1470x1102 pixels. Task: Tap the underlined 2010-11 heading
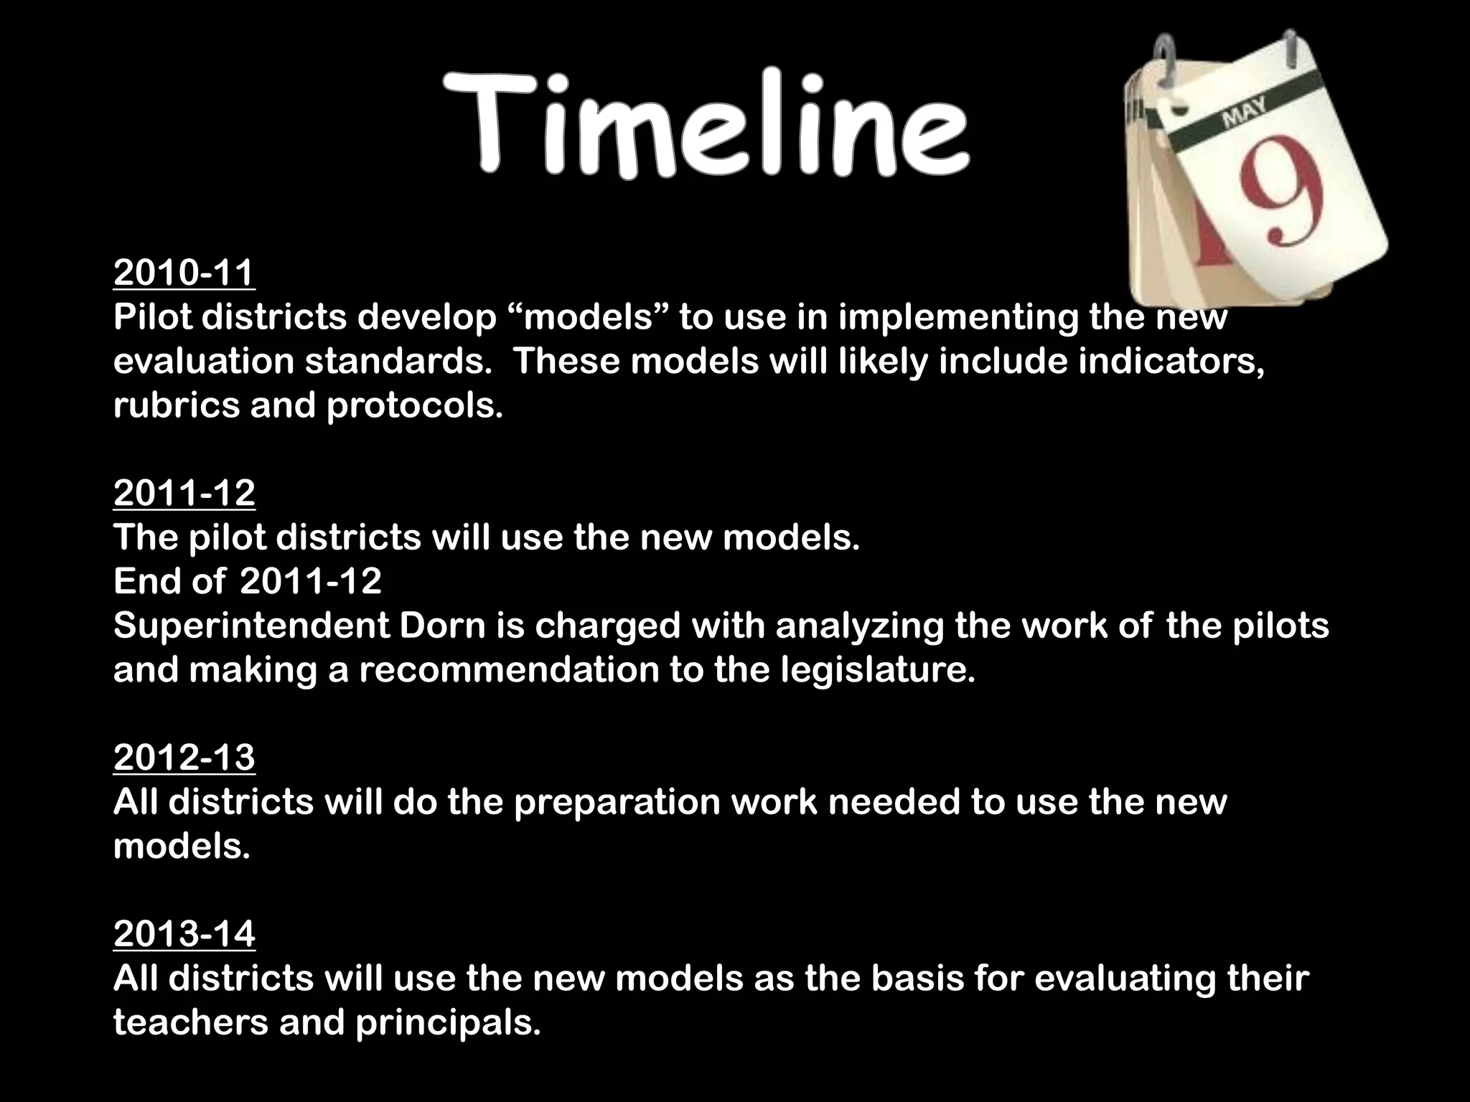click(184, 273)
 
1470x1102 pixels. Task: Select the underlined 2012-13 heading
click(184, 758)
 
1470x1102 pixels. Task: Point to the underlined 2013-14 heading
click(184, 934)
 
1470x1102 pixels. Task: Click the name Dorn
click(442, 626)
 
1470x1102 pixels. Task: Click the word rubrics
click(175, 405)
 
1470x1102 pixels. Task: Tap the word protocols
click(415, 407)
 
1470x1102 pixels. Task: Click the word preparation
click(617, 802)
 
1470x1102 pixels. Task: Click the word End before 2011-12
click(146, 581)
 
